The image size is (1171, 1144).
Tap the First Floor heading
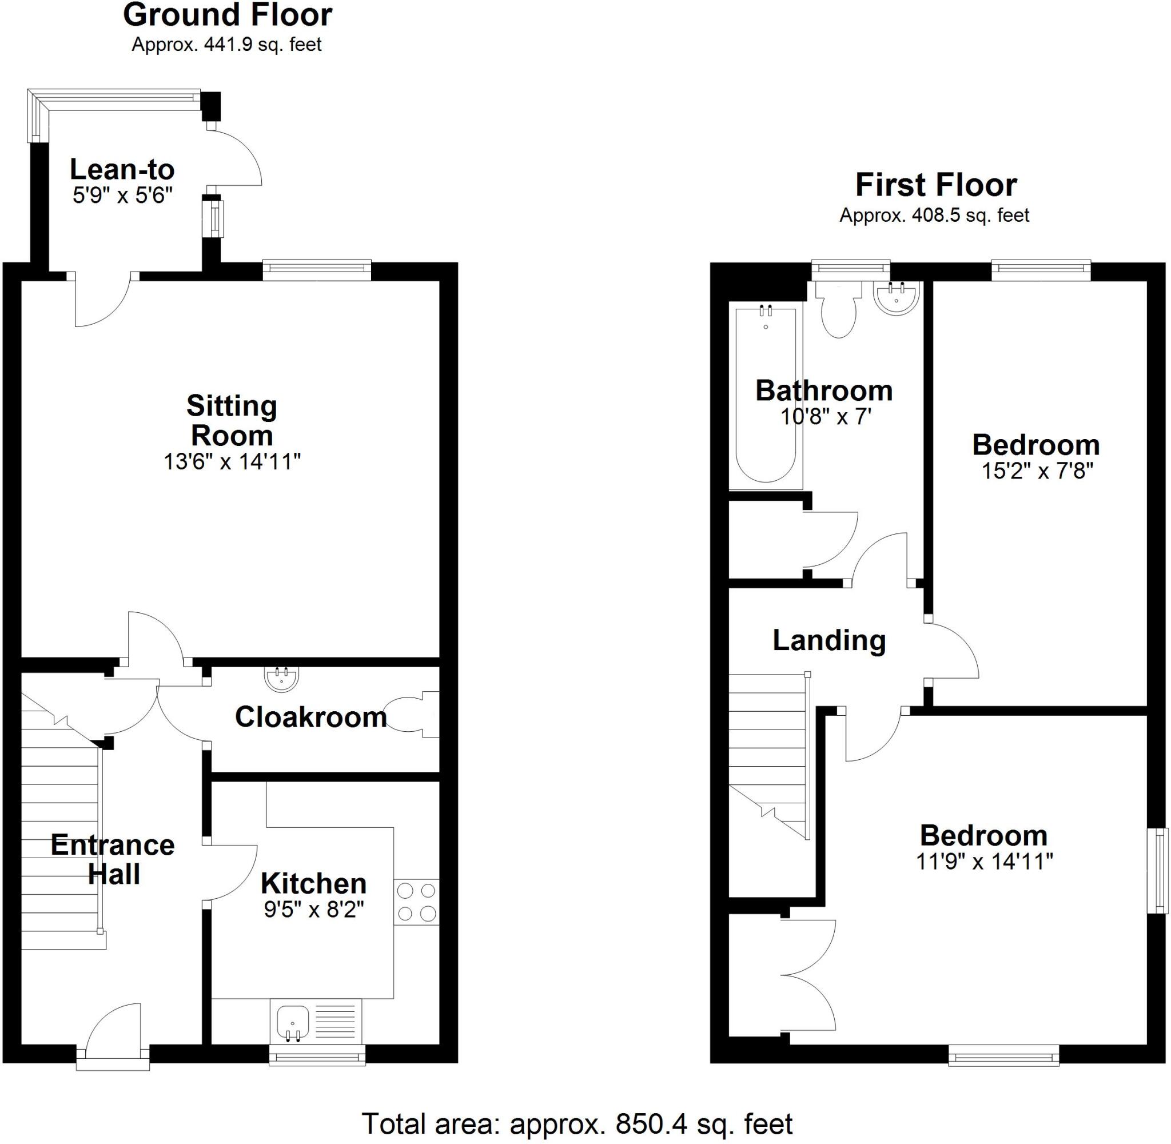[x=935, y=185]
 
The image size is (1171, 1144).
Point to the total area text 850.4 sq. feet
[x=577, y=1123]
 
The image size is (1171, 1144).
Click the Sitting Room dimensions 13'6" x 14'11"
[x=232, y=461]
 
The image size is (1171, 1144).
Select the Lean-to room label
[x=122, y=170]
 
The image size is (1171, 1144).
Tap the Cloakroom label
[x=310, y=717]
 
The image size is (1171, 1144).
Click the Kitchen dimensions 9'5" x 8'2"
[x=314, y=910]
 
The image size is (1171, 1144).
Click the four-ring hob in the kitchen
[x=416, y=902]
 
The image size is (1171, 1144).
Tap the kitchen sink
[x=293, y=1022]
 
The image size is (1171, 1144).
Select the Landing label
[x=829, y=640]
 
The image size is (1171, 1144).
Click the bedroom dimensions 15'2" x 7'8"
[x=1037, y=471]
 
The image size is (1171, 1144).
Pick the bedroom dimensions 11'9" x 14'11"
[x=984, y=862]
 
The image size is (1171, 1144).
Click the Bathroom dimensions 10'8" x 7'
[x=826, y=416]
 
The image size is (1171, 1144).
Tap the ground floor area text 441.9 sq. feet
[x=226, y=45]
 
